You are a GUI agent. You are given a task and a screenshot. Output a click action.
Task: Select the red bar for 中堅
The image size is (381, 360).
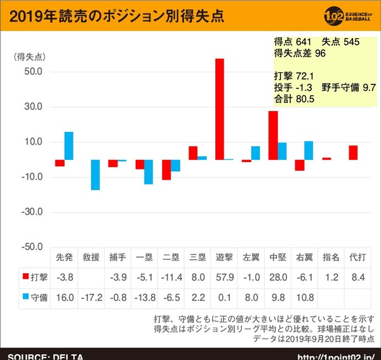click(x=273, y=135)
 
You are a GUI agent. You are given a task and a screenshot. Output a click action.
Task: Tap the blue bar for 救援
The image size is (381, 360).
click(x=95, y=175)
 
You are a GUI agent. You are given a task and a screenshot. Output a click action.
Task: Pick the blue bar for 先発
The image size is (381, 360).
click(x=69, y=146)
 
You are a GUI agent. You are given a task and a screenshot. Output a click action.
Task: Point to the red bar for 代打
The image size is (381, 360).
click(x=353, y=152)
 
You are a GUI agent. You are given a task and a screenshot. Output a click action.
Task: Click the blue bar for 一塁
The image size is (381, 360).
click(x=149, y=171)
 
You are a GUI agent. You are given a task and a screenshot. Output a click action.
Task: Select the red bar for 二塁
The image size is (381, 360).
click(x=166, y=170)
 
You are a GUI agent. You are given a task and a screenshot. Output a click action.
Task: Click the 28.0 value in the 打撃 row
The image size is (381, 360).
click(x=277, y=277)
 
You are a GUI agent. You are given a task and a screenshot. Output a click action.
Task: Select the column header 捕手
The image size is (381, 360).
click(x=117, y=258)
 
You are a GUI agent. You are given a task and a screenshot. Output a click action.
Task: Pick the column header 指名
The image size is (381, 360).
click(x=331, y=258)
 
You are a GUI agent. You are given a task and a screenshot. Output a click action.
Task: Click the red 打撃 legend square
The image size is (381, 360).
click(x=26, y=277)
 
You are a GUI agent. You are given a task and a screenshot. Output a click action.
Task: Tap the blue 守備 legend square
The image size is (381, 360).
click(x=26, y=297)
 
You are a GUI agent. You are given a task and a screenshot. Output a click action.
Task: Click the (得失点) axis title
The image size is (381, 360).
click(x=28, y=57)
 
